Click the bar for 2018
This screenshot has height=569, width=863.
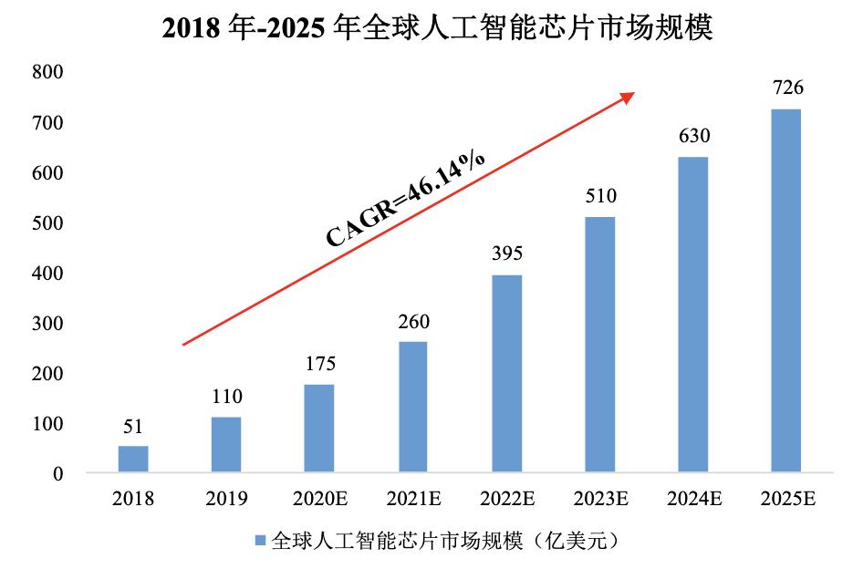[133, 460]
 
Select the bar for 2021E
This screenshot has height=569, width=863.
[412, 408]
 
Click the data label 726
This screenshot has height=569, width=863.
[785, 88]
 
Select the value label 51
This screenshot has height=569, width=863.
[133, 426]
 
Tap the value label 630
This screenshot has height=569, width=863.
[692, 137]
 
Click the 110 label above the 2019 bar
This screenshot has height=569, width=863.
[226, 397]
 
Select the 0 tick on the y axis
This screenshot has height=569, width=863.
[57, 474]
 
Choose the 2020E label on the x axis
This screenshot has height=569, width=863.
[319, 499]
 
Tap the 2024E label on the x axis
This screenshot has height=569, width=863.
[692, 499]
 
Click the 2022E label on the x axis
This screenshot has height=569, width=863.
[505, 499]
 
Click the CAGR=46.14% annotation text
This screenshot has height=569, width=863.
[406, 198]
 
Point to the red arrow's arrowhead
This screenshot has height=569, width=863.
[628, 96]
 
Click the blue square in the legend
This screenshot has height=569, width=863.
[260, 541]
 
